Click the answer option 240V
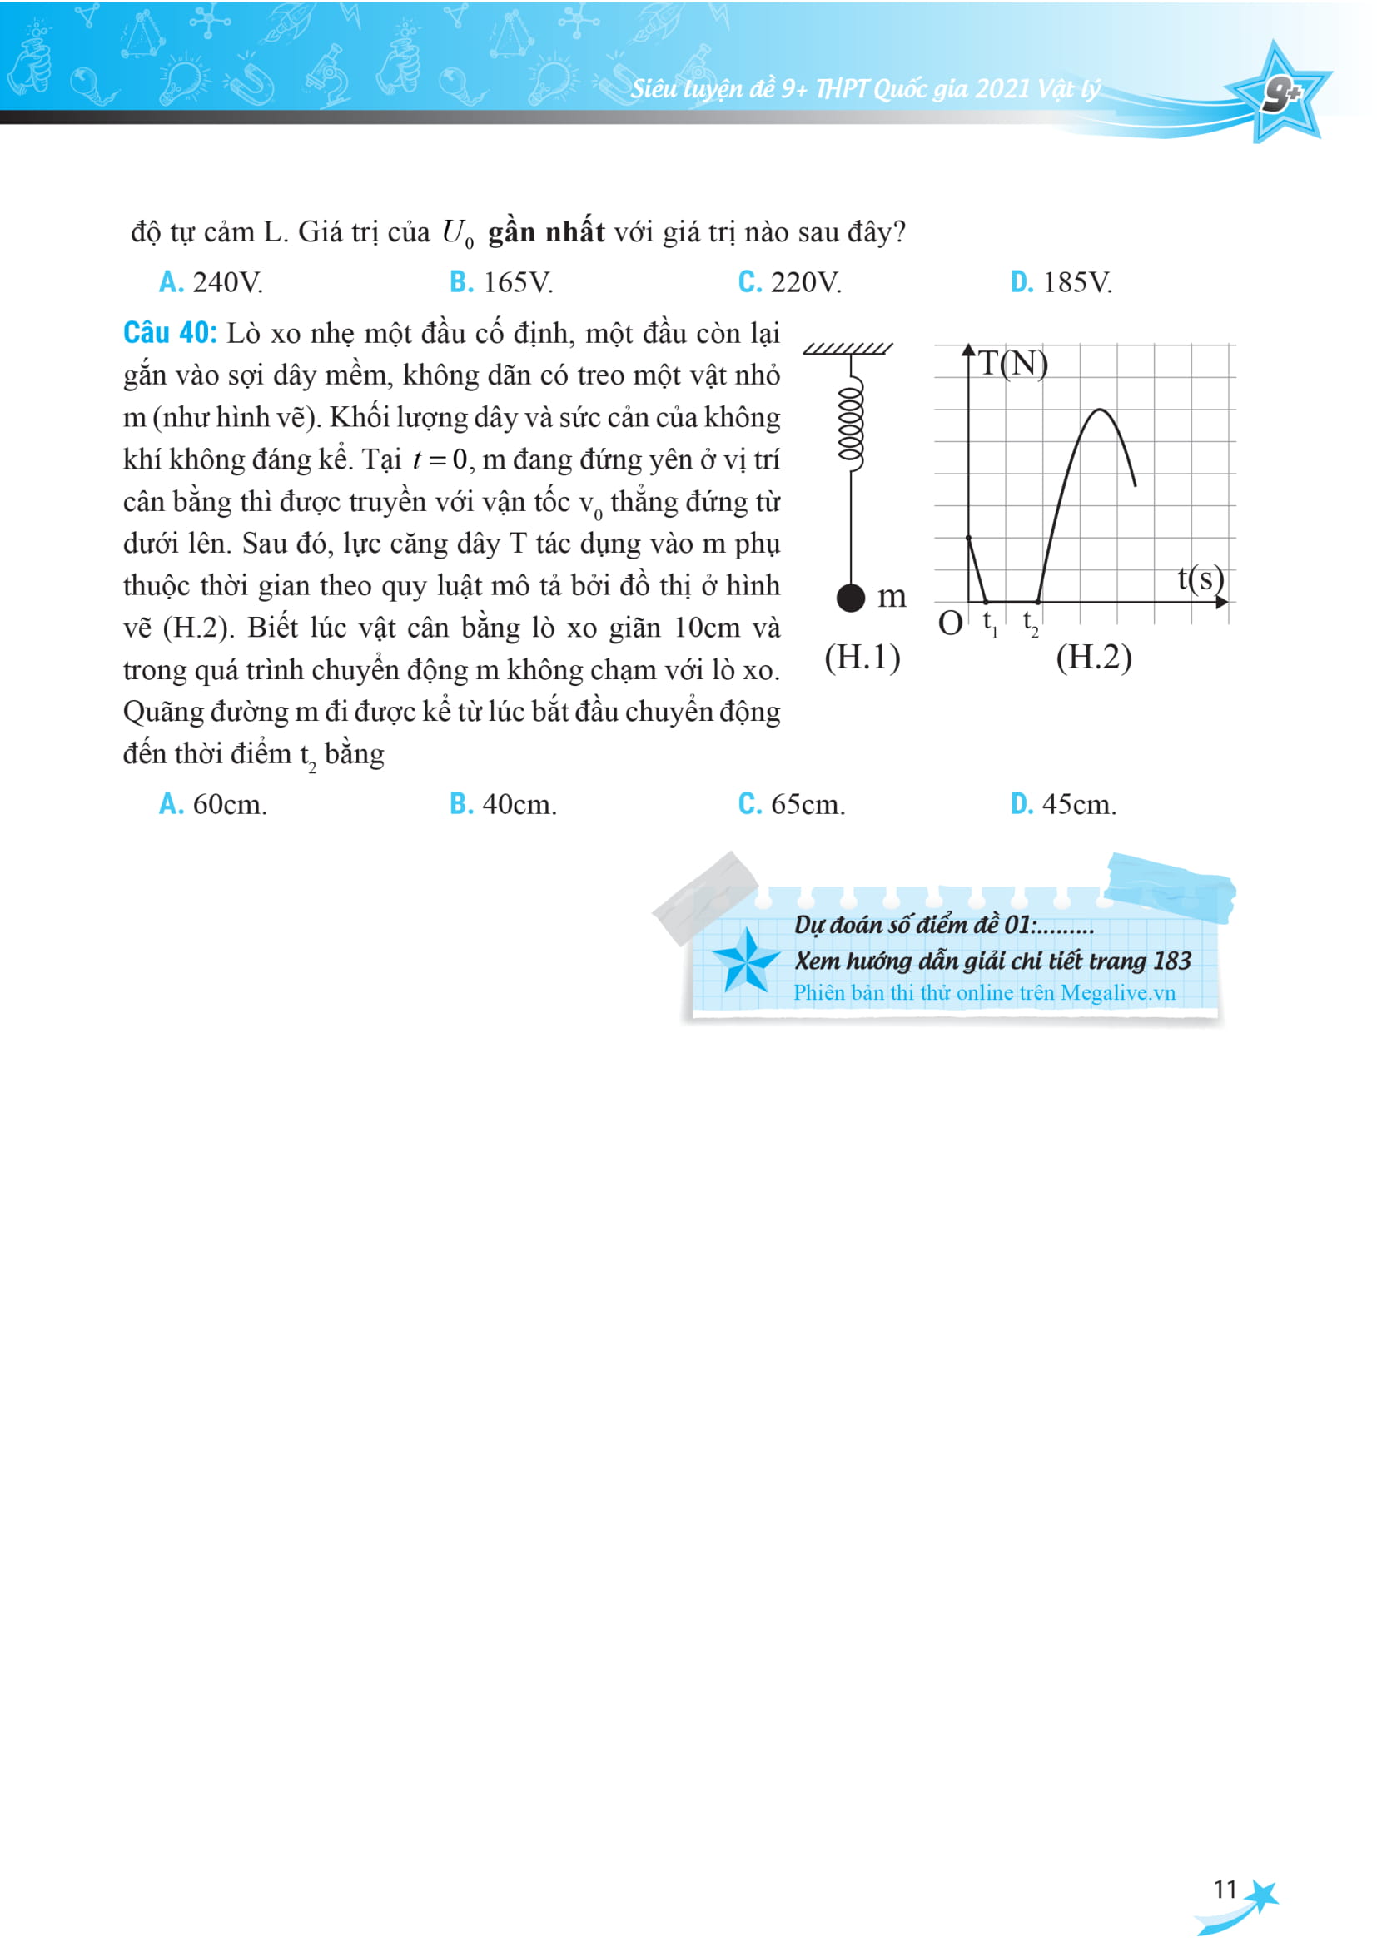[x=211, y=282]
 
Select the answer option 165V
[x=501, y=282]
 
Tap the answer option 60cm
[x=213, y=804]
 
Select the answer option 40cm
[x=503, y=804]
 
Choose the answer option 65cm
[x=791, y=804]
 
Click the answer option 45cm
[x=1063, y=804]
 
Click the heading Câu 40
[x=170, y=333]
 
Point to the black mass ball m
[x=851, y=598]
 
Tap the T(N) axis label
[x=1012, y=363]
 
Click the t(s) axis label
[x=1200, y=579]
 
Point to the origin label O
[x=950, y=624]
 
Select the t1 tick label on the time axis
[x=990, y=623]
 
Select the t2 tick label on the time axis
[x=1030, y=623]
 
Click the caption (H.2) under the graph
[x=1094, y=658]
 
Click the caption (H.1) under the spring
[x=862, y=658]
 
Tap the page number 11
[x=1225, y=1890]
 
